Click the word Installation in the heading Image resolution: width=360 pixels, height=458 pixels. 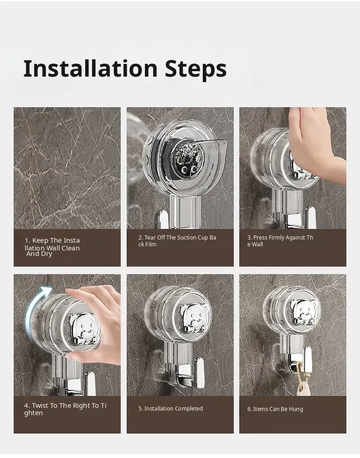90,68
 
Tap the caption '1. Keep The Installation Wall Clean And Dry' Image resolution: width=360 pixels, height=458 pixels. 52,247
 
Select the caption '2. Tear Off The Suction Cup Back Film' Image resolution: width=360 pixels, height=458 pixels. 177,241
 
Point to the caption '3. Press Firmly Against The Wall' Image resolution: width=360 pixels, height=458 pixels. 280,241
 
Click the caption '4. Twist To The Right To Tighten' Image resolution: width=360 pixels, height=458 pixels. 65,409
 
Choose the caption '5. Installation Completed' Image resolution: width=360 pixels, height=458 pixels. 170,408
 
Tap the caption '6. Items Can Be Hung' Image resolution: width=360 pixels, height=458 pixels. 275,409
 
